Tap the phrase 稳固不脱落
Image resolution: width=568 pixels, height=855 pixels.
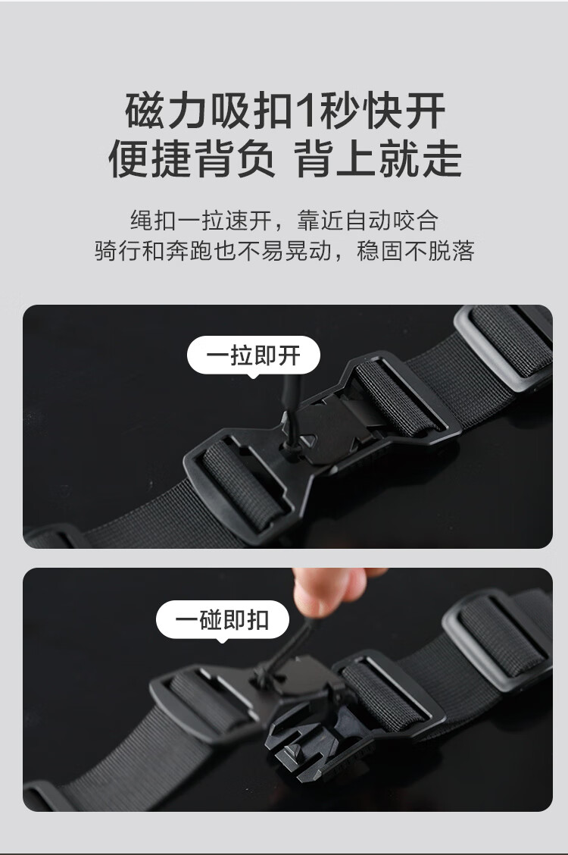[415, 251]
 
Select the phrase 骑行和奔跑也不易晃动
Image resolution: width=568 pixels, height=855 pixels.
[213, 251]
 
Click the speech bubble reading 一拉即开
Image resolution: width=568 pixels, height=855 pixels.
[254, 355]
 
